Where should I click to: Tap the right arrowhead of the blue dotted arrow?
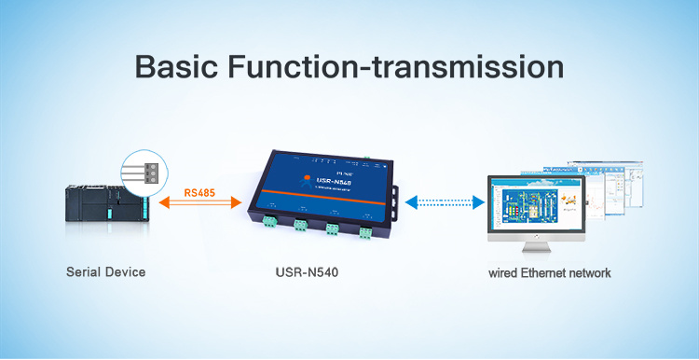pos(479,201)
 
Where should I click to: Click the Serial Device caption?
pos(105,273)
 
